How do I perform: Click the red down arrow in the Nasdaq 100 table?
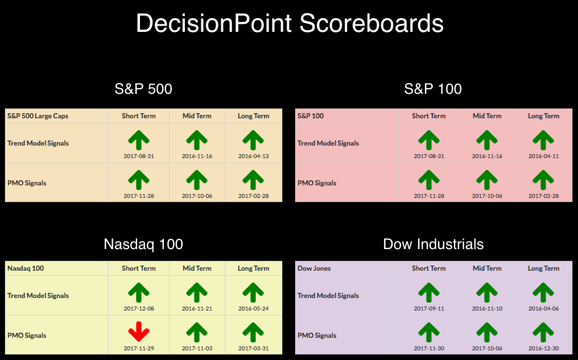139,331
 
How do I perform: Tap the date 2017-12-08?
139,308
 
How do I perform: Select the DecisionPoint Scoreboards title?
290,23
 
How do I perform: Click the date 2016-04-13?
253,156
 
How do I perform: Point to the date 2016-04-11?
543,156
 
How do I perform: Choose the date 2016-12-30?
543,348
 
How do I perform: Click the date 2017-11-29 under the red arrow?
139,348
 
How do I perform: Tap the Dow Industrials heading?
433,245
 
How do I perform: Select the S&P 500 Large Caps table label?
38,115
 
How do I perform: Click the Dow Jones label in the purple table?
314,268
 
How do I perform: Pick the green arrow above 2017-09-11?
429,292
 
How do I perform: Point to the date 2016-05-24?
253,308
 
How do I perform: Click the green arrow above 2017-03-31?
253,332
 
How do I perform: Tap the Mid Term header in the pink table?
487,115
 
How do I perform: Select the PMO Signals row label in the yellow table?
27,336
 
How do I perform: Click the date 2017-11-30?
429,348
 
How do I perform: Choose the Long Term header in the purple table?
543,268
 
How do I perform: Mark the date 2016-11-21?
197,308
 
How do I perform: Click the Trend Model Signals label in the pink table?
328,143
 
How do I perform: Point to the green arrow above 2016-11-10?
487,292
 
